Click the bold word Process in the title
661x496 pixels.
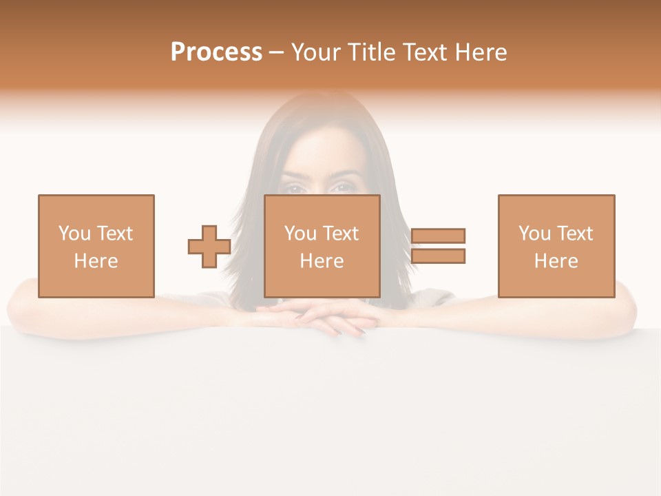tap(216, 52)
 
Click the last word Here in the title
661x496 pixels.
tap(480, 52)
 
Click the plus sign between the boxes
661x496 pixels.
tap(209, 247)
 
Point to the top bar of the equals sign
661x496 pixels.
tap(438, 236)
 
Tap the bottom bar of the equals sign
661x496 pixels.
tap(438, 256)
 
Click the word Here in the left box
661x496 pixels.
tap(96, 261)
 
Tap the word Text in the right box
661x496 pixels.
tap(574, 234)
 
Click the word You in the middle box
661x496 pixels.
tap(301, 234)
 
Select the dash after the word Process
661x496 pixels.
tap(277, 52)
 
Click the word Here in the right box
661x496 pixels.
tap(556, 261)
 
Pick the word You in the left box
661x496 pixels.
tap(75, 234)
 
